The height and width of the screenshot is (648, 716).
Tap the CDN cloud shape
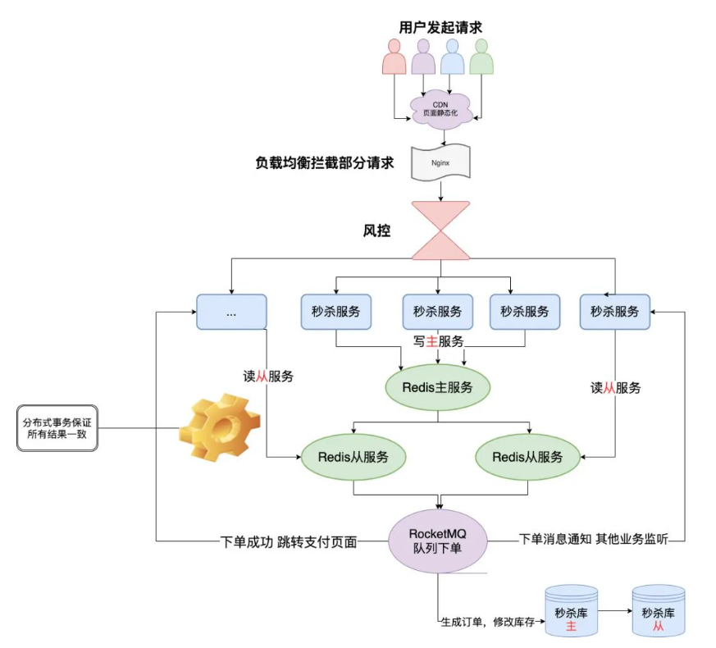tap(440, 109)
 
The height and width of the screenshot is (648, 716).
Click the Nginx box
tap(440, 162)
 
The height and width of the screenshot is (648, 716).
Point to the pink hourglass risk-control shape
tap(440, 230)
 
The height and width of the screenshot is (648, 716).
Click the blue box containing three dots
tap(231, 312)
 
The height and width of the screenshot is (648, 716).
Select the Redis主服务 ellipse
tap(438, 387)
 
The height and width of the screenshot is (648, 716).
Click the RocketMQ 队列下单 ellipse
tap(438, 541)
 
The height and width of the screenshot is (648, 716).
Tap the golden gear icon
tap(219, 427)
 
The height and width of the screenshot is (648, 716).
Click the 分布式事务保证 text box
tap(57, 428)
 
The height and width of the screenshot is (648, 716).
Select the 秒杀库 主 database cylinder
tap(572, 611)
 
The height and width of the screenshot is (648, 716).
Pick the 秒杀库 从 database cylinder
tap(659, 611)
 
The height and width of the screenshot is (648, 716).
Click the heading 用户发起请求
tap(440, 27)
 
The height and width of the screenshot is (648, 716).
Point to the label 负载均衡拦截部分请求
tap(324, 162)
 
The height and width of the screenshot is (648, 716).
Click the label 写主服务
tap(438, 341)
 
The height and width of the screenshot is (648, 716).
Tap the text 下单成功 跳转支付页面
tap(289, 542)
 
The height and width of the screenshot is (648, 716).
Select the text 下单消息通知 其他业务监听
tap(594, 539)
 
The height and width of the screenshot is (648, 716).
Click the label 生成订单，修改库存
tap(488, 622)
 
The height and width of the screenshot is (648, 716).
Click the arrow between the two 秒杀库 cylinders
tap(615, 610)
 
